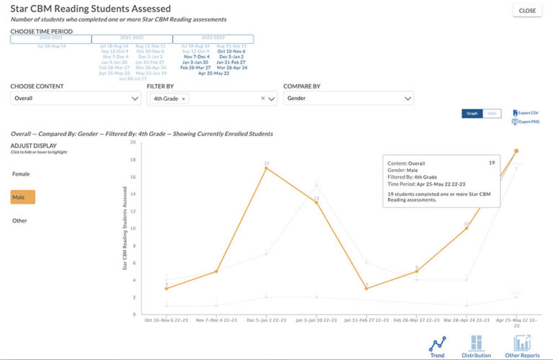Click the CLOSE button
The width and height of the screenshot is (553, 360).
527,11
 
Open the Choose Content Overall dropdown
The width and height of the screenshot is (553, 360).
76,99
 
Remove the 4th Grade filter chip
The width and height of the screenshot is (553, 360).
183,99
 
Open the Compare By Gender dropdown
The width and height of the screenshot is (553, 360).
348,99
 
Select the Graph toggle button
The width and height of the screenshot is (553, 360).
472,114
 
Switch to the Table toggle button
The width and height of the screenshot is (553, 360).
491,114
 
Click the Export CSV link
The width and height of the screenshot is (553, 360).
525,113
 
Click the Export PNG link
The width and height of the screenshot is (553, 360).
525,122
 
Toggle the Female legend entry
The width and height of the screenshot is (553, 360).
21,174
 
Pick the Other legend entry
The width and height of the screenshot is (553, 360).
19,220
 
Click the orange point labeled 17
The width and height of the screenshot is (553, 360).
266,168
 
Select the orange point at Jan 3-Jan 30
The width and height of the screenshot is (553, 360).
316,202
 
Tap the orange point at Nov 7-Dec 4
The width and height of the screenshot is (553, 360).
216,271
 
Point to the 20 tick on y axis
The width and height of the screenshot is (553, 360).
132,142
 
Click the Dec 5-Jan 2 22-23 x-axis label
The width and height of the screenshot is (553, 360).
266,320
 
